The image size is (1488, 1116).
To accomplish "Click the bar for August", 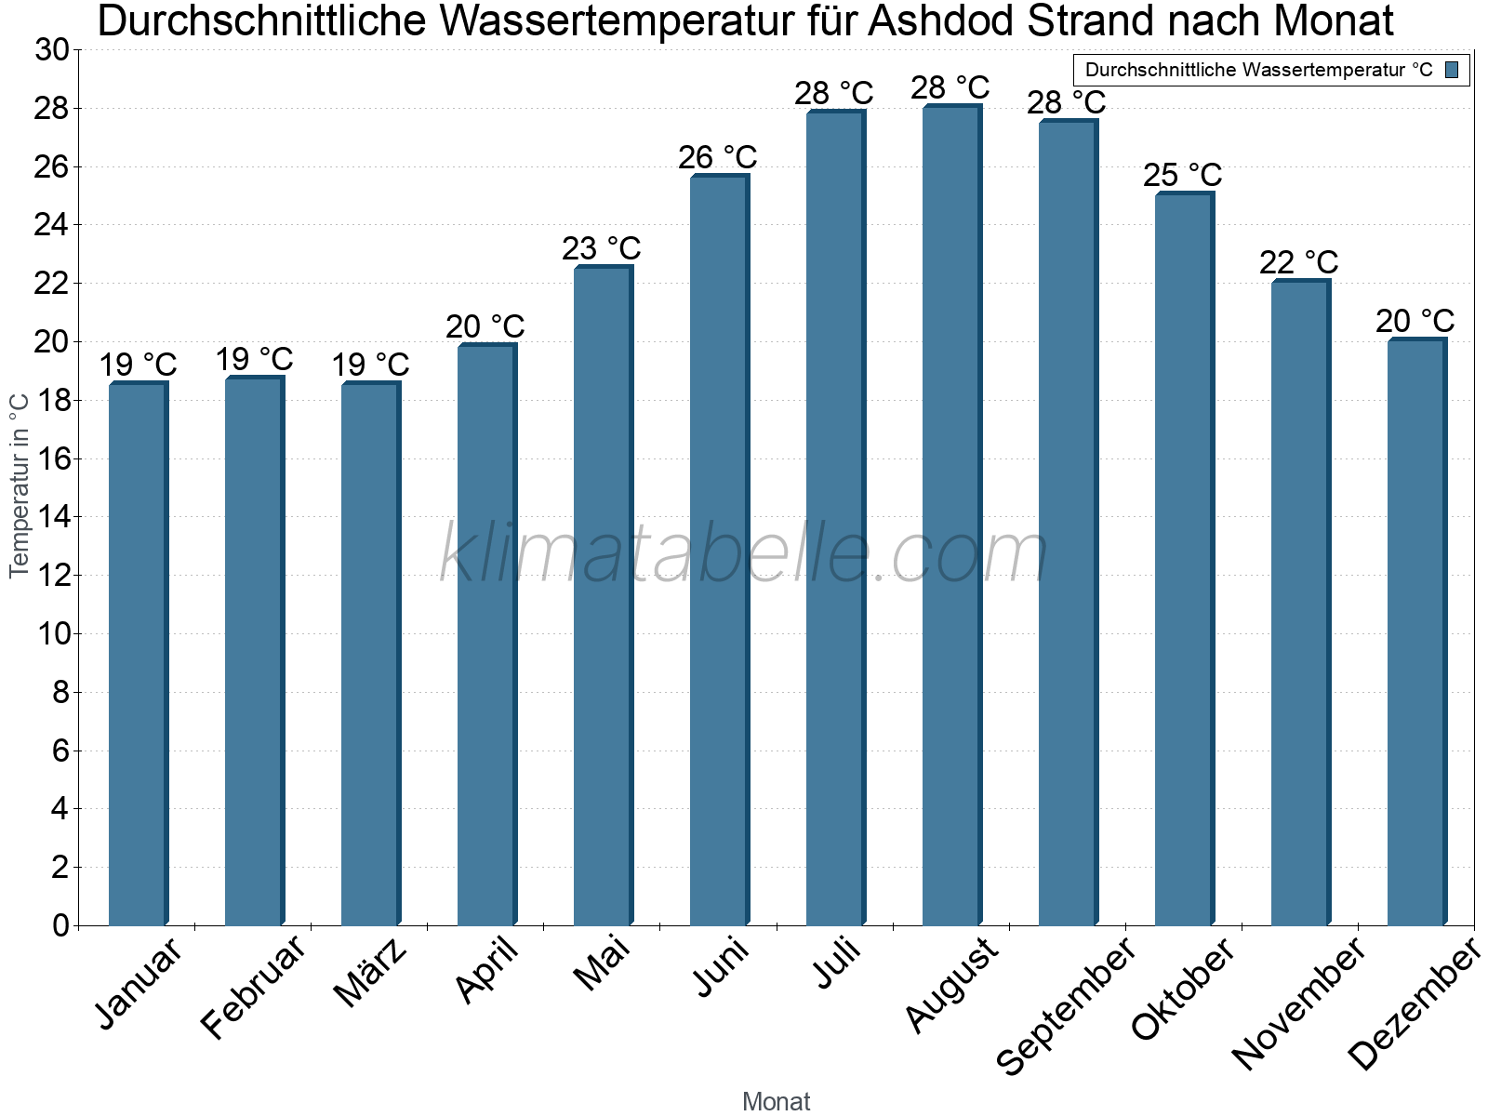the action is coord(952,514).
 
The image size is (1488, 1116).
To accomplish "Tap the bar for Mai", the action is coord(604,595).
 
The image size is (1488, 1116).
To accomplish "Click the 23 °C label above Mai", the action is coord(602,248).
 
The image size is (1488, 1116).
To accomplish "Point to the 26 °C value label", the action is coord(717,158).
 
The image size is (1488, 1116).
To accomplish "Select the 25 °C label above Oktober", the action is coord(1182,176).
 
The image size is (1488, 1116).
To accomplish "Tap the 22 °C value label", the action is coord(1299,262).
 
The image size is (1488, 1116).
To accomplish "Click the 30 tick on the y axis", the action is coord(51,50).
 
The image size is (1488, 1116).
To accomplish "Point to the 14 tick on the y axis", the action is coord(51,517).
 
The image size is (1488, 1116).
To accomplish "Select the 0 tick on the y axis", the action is coord(61,925).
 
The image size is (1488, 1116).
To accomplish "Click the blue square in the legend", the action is coord(1452,70).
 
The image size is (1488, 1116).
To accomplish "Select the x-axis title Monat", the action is coord(777,1101).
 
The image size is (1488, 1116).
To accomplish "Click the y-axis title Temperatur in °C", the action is coord(19,485).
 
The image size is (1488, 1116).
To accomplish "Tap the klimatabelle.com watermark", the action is coord(743,552).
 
